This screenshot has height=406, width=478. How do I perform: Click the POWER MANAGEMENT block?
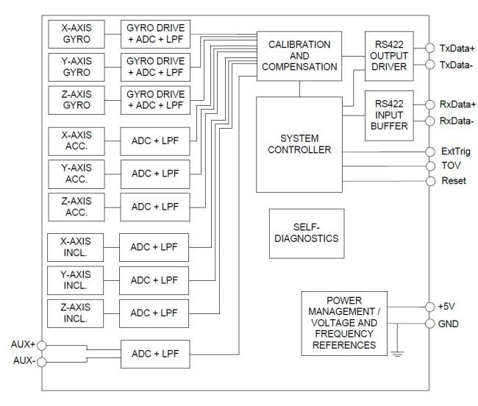click(x=344, y=323)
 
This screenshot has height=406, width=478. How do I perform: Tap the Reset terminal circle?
click(x=429, y=181)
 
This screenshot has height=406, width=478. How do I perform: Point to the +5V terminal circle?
click(x=429, y=306)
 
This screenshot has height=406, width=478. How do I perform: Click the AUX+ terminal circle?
click(x=43, y=343)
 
